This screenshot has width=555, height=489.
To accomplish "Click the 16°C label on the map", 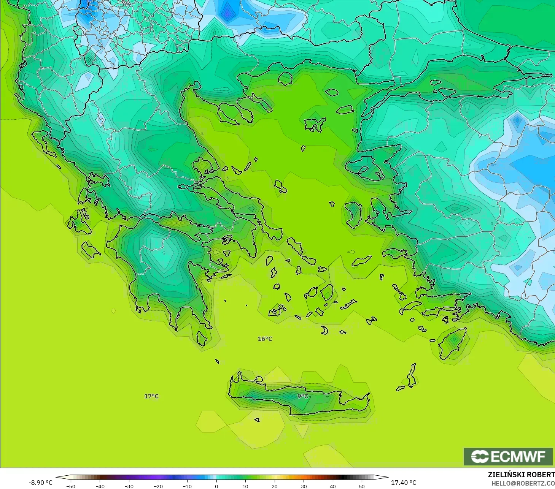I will point(265,339).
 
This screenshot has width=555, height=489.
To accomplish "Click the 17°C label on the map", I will point(151,396).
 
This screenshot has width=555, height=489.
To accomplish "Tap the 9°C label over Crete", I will point(302,396).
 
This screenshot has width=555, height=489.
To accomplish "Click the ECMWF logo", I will point(508,456).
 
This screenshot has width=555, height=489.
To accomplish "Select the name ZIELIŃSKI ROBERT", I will point(521,475).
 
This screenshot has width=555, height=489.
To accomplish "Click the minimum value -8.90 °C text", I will point(40,483).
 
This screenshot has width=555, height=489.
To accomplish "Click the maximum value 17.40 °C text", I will point(404,483).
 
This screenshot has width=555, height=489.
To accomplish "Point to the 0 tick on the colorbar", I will point(216,486).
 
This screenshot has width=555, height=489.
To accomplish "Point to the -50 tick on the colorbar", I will point(71,486).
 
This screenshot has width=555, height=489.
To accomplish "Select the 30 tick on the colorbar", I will point(304,486).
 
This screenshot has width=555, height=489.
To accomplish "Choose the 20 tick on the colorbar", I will point(275,486).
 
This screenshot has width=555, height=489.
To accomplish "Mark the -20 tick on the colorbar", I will point(158,486).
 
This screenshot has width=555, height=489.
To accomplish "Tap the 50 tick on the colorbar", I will point(362,486).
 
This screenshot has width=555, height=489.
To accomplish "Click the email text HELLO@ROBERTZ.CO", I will point(523,484).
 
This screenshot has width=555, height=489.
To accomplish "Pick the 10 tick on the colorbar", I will point(245,486).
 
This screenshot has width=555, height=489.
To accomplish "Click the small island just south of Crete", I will point(257,420).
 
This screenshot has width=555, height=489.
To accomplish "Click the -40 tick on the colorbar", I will point(100,486).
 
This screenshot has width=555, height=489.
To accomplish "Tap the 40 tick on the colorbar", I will point(333,486).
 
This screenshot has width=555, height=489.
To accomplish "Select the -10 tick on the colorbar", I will point(187,486).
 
